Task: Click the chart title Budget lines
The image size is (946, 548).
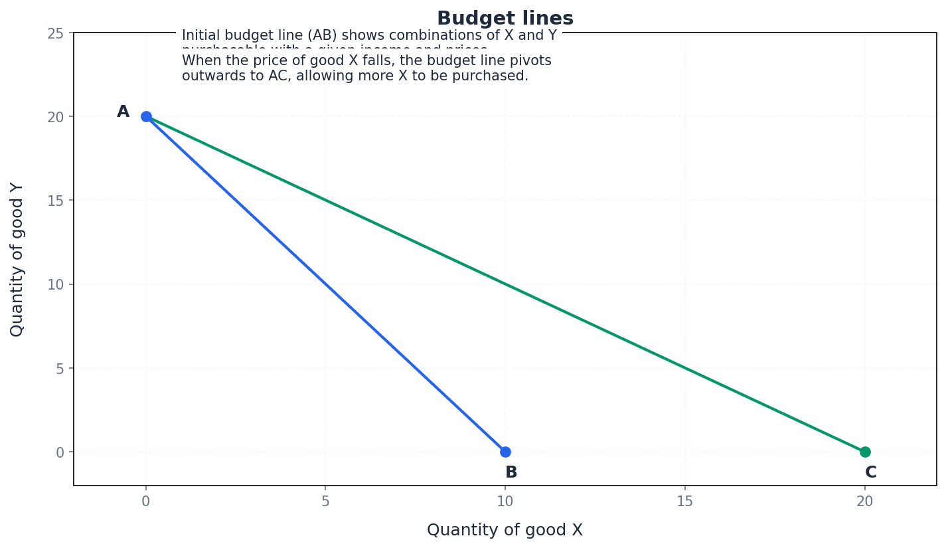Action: click(505, 19)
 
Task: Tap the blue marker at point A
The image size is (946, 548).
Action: click(146, 116)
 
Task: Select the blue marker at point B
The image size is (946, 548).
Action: click(505, 452)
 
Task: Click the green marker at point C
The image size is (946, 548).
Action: click(865, 452)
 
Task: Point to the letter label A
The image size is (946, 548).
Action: click(123, 112)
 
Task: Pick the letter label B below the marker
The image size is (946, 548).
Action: click(511, 472)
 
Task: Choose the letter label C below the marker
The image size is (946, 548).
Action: click(870, 472)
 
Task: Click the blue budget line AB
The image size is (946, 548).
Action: click(325, 284)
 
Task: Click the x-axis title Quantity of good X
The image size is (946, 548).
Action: click(505, 530)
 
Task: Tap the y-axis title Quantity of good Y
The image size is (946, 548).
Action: click(17, 259)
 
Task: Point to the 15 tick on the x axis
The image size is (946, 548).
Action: click(684, 502)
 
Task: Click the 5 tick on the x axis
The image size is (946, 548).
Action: click(325, 502)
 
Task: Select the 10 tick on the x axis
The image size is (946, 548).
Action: click(505, 502)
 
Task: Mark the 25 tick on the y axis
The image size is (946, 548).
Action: click(55, 33)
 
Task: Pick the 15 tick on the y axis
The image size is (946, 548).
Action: click(55, 201)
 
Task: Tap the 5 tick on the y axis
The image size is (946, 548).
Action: click(59, 368)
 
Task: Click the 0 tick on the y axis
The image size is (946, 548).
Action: click(59, 452)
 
